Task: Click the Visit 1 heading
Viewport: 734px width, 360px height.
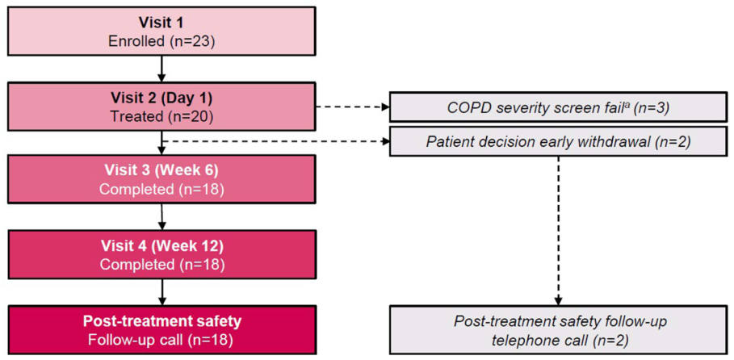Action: click(x=161, y=23)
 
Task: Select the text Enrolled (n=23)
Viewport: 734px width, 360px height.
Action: click(x=161, y=40)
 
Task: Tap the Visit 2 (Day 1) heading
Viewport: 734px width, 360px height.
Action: click(x=161, y=98)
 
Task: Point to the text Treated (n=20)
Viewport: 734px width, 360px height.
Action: click(x=161, y=115)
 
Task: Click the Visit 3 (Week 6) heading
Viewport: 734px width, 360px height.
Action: click(x=161, y=171)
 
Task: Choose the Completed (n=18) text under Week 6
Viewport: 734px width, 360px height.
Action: click(x=161, y=189)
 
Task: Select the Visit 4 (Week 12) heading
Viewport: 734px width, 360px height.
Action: click(x=161, y=245)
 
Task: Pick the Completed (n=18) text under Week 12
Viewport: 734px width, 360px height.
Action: click(x=161, y=263)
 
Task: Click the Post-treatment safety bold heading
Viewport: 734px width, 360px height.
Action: click(x=161, y=320)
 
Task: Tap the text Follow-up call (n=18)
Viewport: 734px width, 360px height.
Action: click(x=161, y=338)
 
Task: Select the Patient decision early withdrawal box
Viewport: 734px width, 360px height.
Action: click(x=558, y=140)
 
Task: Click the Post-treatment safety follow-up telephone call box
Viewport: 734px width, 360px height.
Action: click(x=558, y=330)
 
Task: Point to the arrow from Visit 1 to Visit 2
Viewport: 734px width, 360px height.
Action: click(x=161, y=68)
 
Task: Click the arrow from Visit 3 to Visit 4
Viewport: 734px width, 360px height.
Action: click(x=161, y=216)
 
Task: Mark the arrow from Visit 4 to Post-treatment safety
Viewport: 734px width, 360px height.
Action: click(x=161, y=291)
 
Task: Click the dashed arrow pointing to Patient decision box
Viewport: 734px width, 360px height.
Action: click(x=275, y=140)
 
